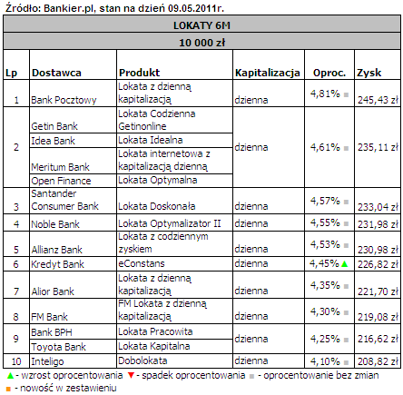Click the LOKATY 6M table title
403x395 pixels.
click(201, 25)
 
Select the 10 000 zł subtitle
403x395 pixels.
click(201, 43)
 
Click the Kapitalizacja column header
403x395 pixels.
click(268, 73)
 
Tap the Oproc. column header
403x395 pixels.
click(329, 73)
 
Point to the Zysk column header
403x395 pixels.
click(369, 73)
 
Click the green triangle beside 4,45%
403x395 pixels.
click(344, 264)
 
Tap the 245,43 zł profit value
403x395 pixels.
click(378, 100)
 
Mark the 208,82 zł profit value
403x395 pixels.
click(378, 361)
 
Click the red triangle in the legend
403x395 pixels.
click(131, 376)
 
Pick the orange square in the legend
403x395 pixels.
click(8, 389)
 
